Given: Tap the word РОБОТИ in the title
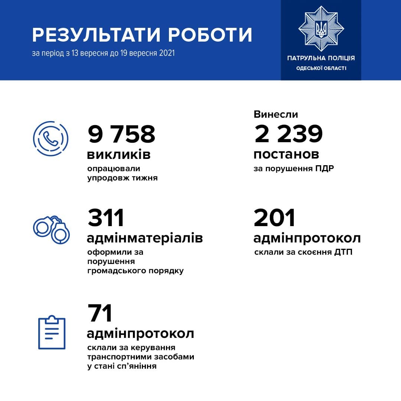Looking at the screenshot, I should (210, 35).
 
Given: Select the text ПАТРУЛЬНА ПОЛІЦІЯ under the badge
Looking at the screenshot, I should (321, 58).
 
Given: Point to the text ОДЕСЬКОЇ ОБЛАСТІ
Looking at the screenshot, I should (321, 68).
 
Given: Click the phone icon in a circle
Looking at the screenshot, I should (50, 138).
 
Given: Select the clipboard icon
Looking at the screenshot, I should (52, 333).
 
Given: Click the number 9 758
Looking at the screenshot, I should (121, 134).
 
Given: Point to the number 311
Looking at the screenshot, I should (106, 218).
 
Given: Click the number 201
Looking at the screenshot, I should (274, 218).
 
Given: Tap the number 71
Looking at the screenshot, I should (100, 314).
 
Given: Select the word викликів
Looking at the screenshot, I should (119, 154).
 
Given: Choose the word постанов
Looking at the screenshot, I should (286, 154).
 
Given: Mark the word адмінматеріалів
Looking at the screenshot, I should (145, 238).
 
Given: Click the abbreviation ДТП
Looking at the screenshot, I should (343, 253).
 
